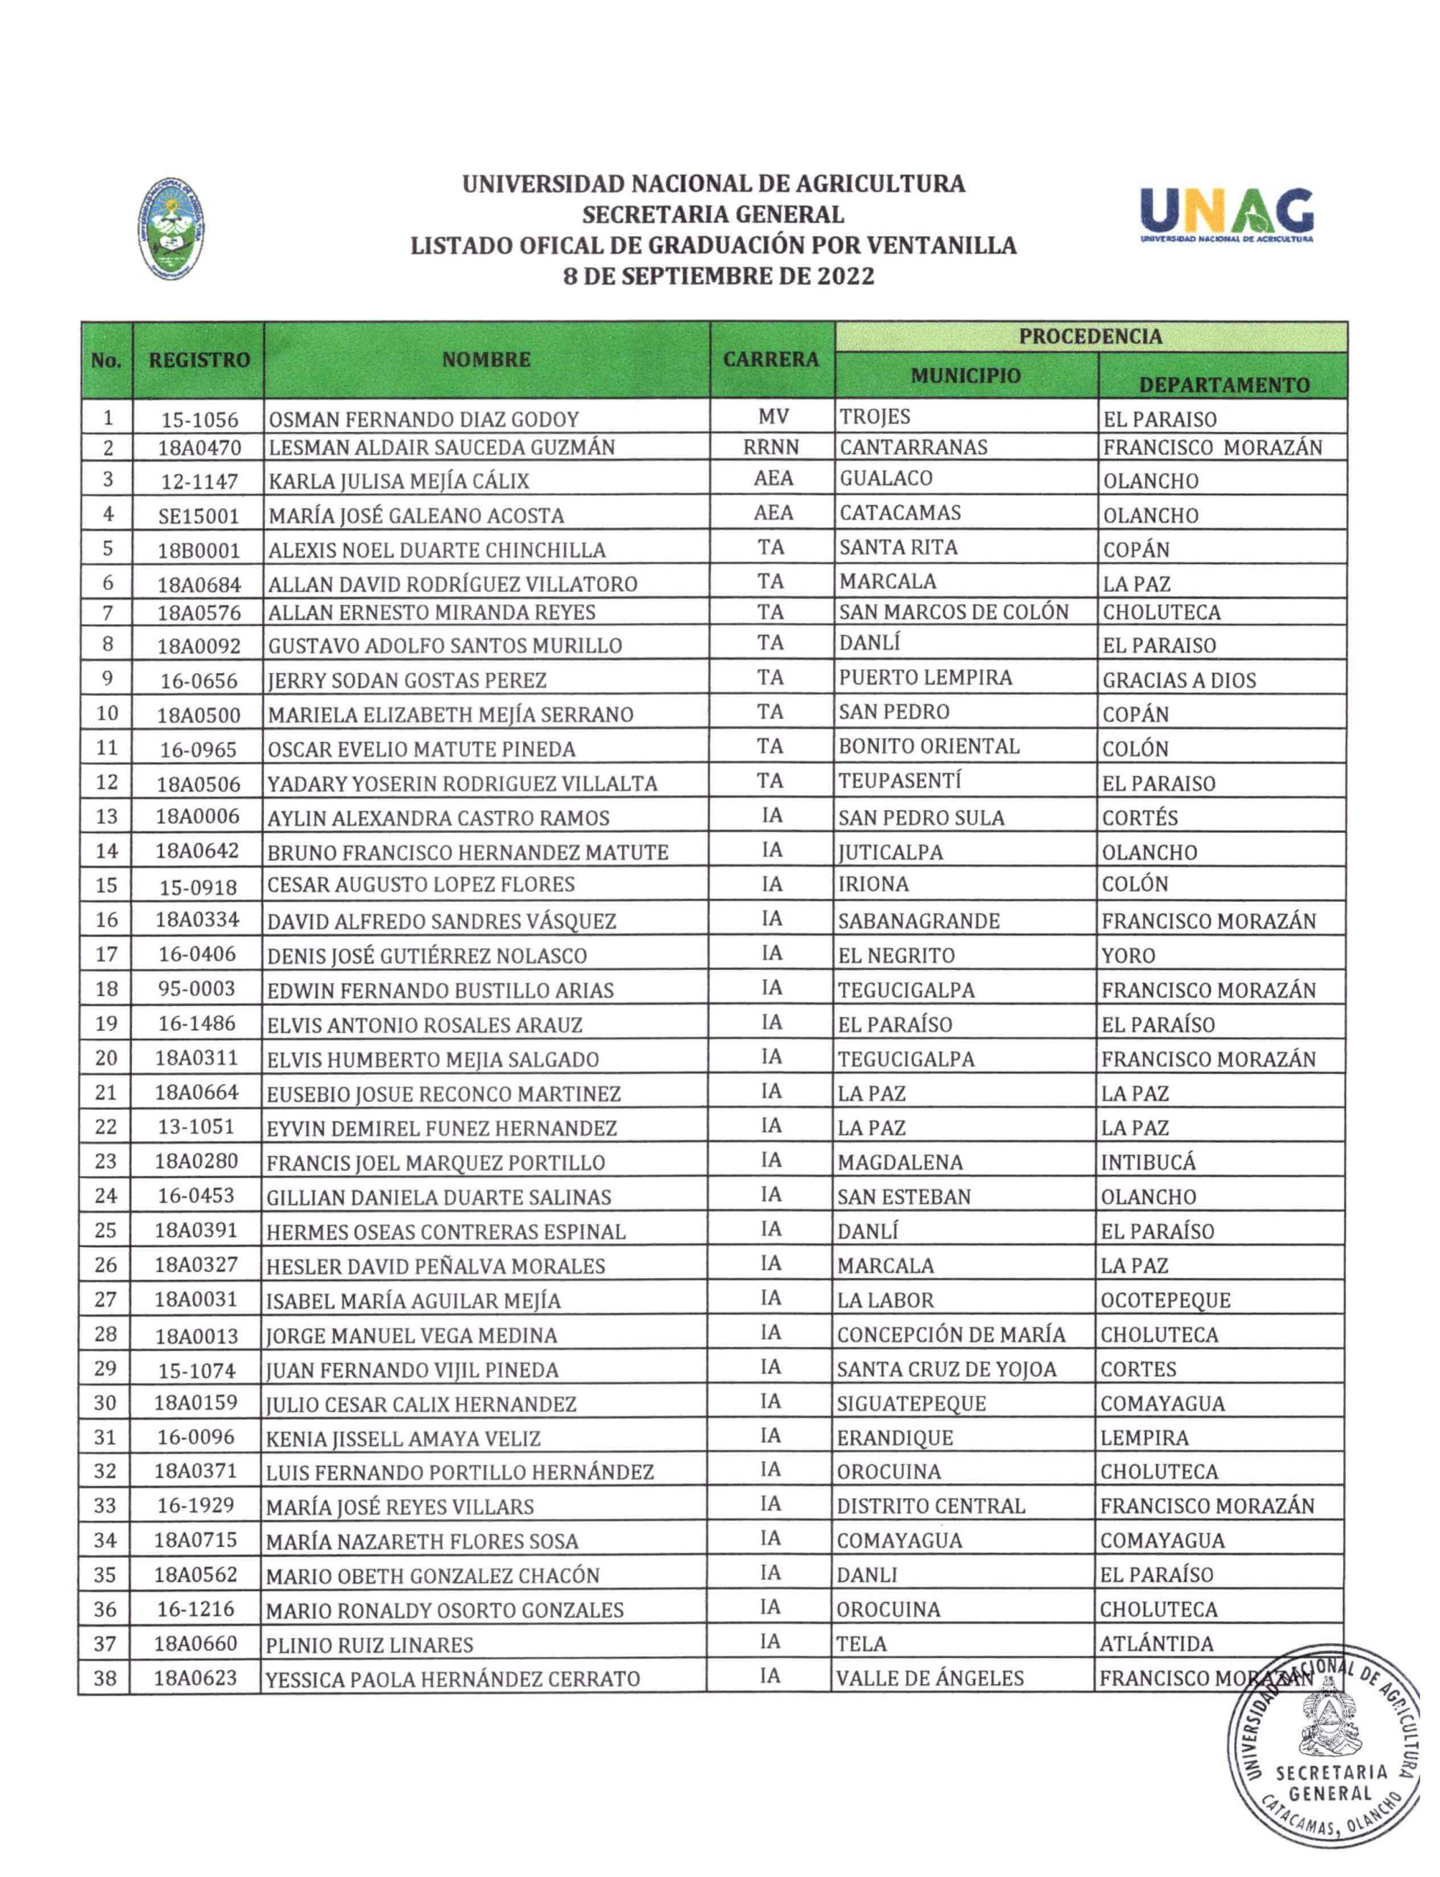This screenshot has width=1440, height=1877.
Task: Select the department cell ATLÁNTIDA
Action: click(x=1156, y=1644)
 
